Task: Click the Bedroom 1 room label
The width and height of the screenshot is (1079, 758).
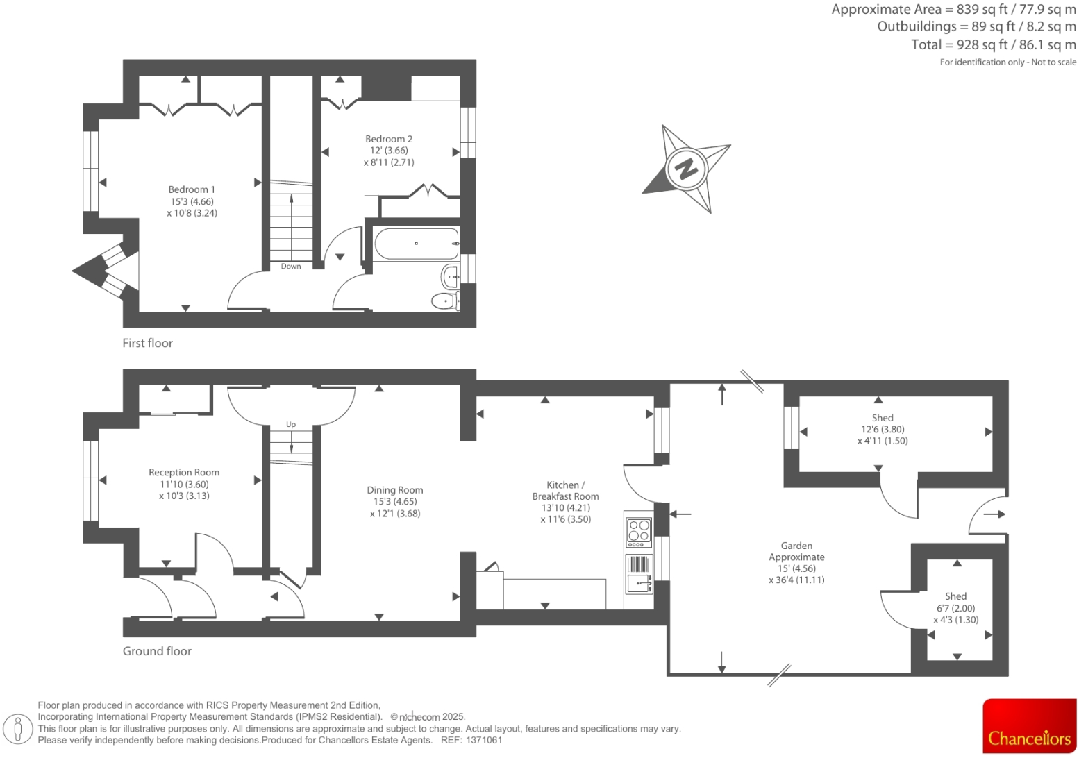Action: tap(192, 189)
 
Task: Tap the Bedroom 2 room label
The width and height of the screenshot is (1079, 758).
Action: tap(389, 139)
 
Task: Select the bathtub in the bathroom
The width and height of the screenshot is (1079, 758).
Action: tap(417, 244)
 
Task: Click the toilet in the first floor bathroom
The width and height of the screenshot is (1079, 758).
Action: tap(445, 301)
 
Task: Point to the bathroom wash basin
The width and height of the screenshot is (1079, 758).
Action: tap(450, 277)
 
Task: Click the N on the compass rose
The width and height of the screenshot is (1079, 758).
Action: tap(686, 168)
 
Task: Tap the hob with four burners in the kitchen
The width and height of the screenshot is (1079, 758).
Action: tap(638, 530)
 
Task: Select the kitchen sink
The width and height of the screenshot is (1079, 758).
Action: tap(639, 583)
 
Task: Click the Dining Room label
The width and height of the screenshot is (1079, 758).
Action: tap(395, 490)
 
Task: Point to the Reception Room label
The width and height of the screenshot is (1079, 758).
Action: tap(184, 472)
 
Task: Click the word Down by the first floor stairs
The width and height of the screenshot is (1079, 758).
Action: tap(291, 267)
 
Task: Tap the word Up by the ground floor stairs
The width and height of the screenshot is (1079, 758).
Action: tap(291, 424)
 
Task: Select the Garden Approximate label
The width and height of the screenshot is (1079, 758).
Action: tap(796, 551)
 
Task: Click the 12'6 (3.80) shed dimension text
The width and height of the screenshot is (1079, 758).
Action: tap(883, 429)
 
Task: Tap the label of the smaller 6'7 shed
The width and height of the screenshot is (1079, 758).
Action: tap(955, 596)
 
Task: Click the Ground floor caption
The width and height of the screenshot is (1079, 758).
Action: tap(157, 651)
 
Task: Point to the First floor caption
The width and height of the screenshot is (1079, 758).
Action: tap(147, 343)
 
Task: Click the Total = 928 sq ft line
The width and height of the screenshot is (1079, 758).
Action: tap(993, 44)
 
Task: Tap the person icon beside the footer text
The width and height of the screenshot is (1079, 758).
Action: tap(19, 728)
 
